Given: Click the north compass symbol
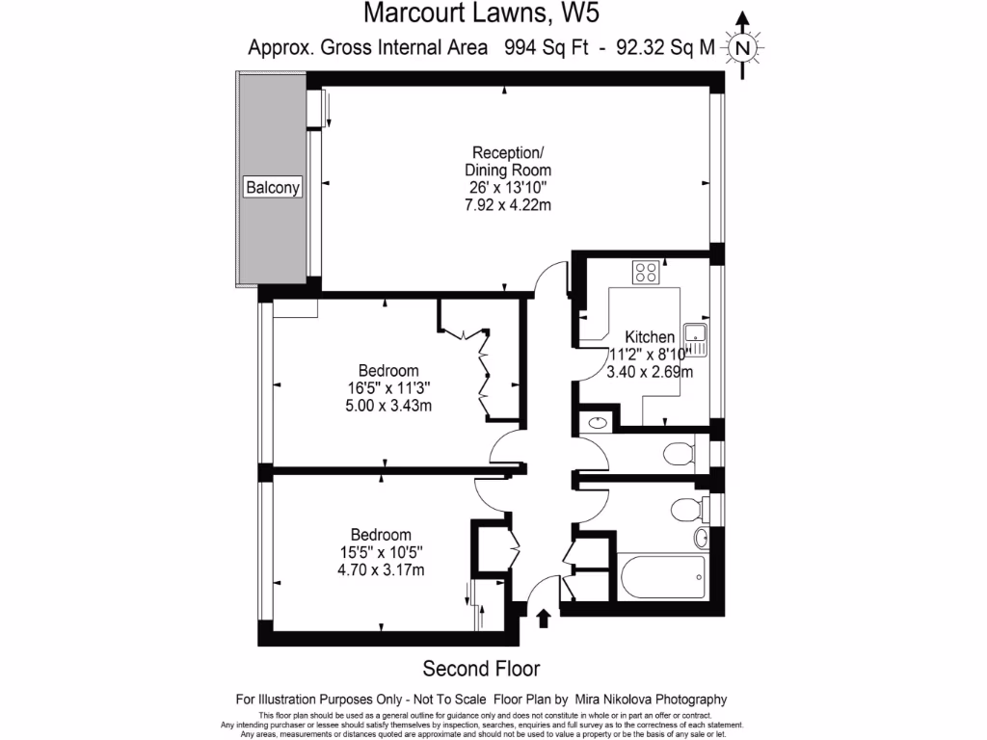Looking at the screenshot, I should coord(741,47).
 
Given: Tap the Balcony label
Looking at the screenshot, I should coord(272,188).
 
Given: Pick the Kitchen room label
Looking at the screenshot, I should coord(650,336).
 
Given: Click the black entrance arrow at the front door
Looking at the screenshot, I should coord(544,618).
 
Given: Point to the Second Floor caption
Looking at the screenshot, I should coord(482,669).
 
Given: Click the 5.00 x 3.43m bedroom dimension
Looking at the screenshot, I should coord(388,405).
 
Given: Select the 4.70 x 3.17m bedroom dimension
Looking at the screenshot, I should coord(381,569).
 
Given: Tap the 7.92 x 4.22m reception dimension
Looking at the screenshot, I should coord(507,204).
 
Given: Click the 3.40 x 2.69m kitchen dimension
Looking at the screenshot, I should coord(650,371).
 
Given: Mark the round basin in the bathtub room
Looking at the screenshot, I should coord(702,537).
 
